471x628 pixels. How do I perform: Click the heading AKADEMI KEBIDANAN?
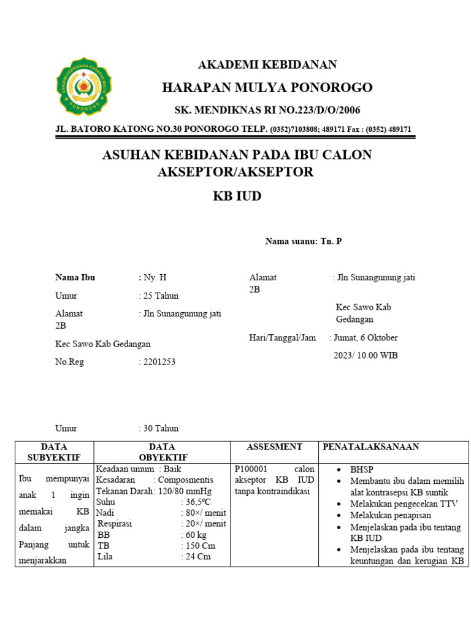coord(267,65)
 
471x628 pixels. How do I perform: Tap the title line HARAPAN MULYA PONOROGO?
coord(267,88)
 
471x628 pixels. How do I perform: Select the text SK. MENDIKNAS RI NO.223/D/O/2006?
coord(267,110)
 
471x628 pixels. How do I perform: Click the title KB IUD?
coord(237,196)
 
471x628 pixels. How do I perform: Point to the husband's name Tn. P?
coord(331,242)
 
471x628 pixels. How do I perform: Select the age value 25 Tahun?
coord(161,296)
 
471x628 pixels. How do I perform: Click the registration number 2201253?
coord(159,362)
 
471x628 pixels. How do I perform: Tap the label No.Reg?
coord(69,362)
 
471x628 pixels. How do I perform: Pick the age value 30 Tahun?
coord(161,428)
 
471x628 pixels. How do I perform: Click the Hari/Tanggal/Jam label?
coord(283,337)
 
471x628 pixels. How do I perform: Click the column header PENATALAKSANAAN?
coord(371,447)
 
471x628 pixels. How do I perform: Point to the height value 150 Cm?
coord(201,545)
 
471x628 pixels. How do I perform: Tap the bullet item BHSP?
coord(362,469)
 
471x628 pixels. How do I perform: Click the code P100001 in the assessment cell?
coord(251,469)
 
